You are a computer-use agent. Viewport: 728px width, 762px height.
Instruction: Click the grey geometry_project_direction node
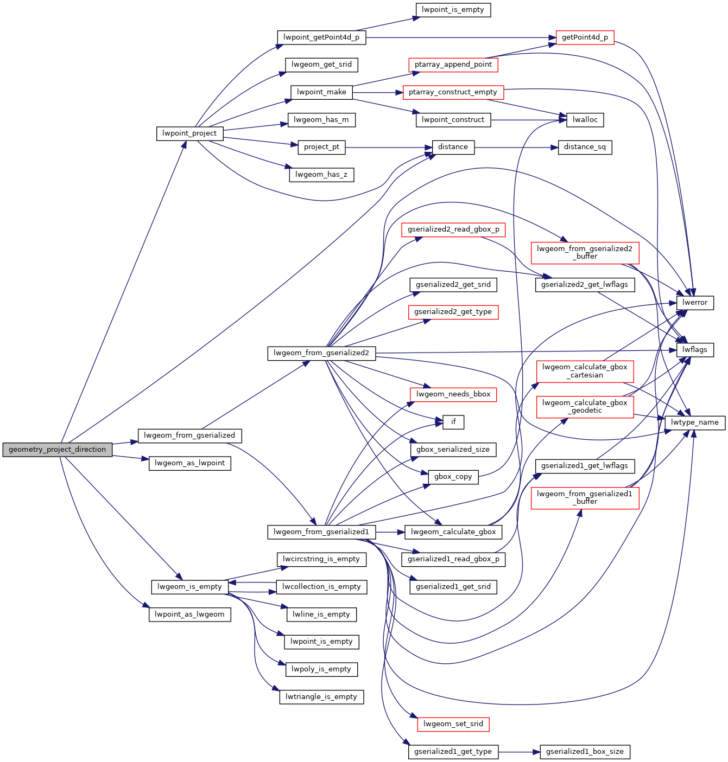pos(57,450)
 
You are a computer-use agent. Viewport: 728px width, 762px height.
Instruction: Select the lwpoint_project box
pos(189,133)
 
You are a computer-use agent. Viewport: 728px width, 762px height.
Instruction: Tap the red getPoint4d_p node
pos(585,37)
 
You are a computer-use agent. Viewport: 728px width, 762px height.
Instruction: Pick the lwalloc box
pos(585,120)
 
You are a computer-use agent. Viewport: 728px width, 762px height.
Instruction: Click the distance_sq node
pos(585,147)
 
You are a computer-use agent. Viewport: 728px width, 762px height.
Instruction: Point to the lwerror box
pos(694,303)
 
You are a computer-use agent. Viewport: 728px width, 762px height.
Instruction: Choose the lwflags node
pos(694,350)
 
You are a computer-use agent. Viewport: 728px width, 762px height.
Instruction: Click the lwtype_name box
pos(694,422)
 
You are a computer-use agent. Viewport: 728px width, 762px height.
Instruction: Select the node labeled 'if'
pos(453,422)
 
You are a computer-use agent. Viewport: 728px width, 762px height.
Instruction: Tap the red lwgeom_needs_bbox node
pos(453,394)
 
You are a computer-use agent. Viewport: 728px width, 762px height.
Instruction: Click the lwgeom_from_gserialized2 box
pos(321,353)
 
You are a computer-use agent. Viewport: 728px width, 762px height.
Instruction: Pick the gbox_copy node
pos(453,477)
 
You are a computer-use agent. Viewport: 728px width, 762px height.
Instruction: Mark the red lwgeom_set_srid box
pos(453,724)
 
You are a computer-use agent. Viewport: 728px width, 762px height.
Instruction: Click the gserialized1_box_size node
pos(585,752)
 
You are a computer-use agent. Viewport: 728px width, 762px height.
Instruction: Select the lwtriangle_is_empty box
pos(321,697)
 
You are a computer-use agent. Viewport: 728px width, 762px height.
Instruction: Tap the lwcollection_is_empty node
pos(321,587)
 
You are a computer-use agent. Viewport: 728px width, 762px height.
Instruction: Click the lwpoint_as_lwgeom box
pos(189,614)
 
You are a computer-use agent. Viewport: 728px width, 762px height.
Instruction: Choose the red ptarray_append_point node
pos(453,65)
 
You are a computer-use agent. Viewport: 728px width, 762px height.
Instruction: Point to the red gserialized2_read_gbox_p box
pos(453,229)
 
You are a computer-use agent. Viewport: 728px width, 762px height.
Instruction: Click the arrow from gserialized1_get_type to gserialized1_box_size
pos(519,752)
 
